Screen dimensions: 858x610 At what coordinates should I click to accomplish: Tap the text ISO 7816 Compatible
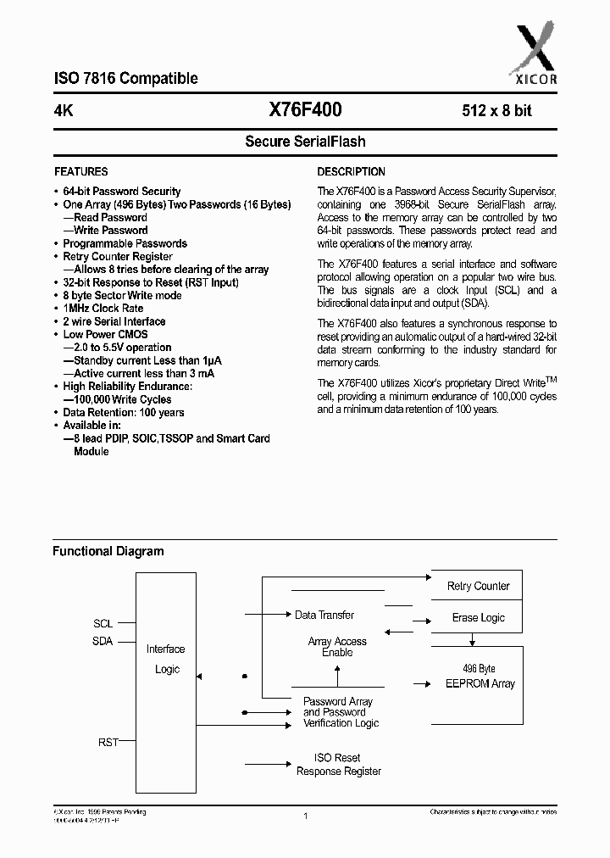pos(125,79)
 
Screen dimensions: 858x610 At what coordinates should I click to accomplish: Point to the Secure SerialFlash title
pos(305,142)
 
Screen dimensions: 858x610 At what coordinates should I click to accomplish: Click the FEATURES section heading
pos(81,171)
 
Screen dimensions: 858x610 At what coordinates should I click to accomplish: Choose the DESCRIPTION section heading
pos(351,171)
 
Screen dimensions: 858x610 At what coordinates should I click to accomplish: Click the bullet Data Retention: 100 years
pos(124,413)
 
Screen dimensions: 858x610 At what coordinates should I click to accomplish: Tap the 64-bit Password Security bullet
pos(122,192)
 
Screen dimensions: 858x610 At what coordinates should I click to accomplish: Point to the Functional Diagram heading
pos(108,551)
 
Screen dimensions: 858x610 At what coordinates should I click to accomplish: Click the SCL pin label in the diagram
pos(103,623)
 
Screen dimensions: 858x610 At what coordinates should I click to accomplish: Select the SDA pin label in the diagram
pos(103,642)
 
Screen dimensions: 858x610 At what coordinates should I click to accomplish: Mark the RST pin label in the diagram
pos(108,742)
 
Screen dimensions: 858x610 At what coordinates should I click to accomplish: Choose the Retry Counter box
pos(478,586)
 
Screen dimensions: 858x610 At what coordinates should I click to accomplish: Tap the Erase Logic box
pos(478,618)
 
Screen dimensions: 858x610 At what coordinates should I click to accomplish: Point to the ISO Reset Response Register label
pos(338,765)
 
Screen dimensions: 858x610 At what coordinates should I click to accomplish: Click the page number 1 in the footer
pos(304,816)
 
